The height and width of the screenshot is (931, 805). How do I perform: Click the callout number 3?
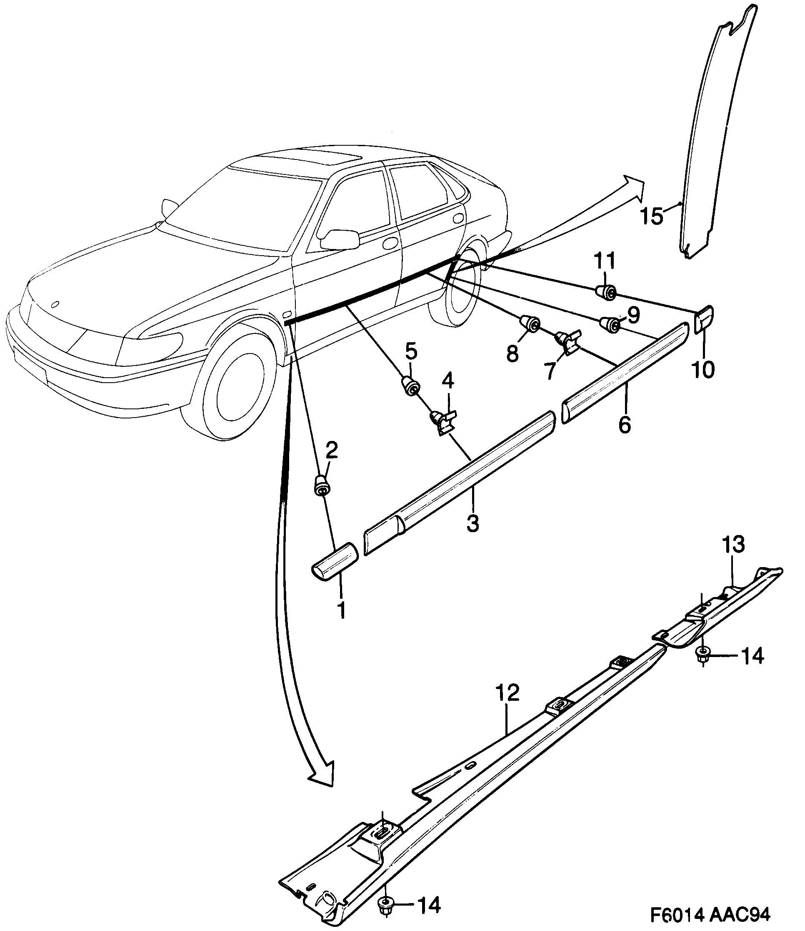[x=472, y=523]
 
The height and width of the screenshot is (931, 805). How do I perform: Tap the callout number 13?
[x=733, y=545]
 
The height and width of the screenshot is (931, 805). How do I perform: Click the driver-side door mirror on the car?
[x=341, y=239]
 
